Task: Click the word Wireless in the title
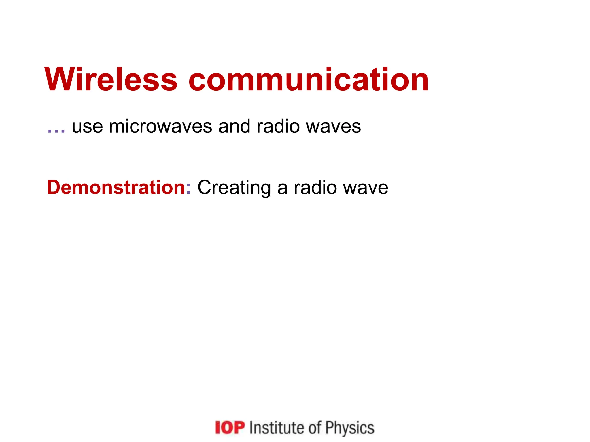[x=111, y=80]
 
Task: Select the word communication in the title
[x=309, y=80]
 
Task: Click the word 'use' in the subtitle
[x=87, y=127]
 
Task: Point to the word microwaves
[x=160, y=126]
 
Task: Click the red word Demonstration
[x=116, y=188]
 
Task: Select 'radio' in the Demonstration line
[x=315, y=188]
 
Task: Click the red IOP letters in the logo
[x=230, y=428]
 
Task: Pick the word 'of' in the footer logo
[x=315, y=428]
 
